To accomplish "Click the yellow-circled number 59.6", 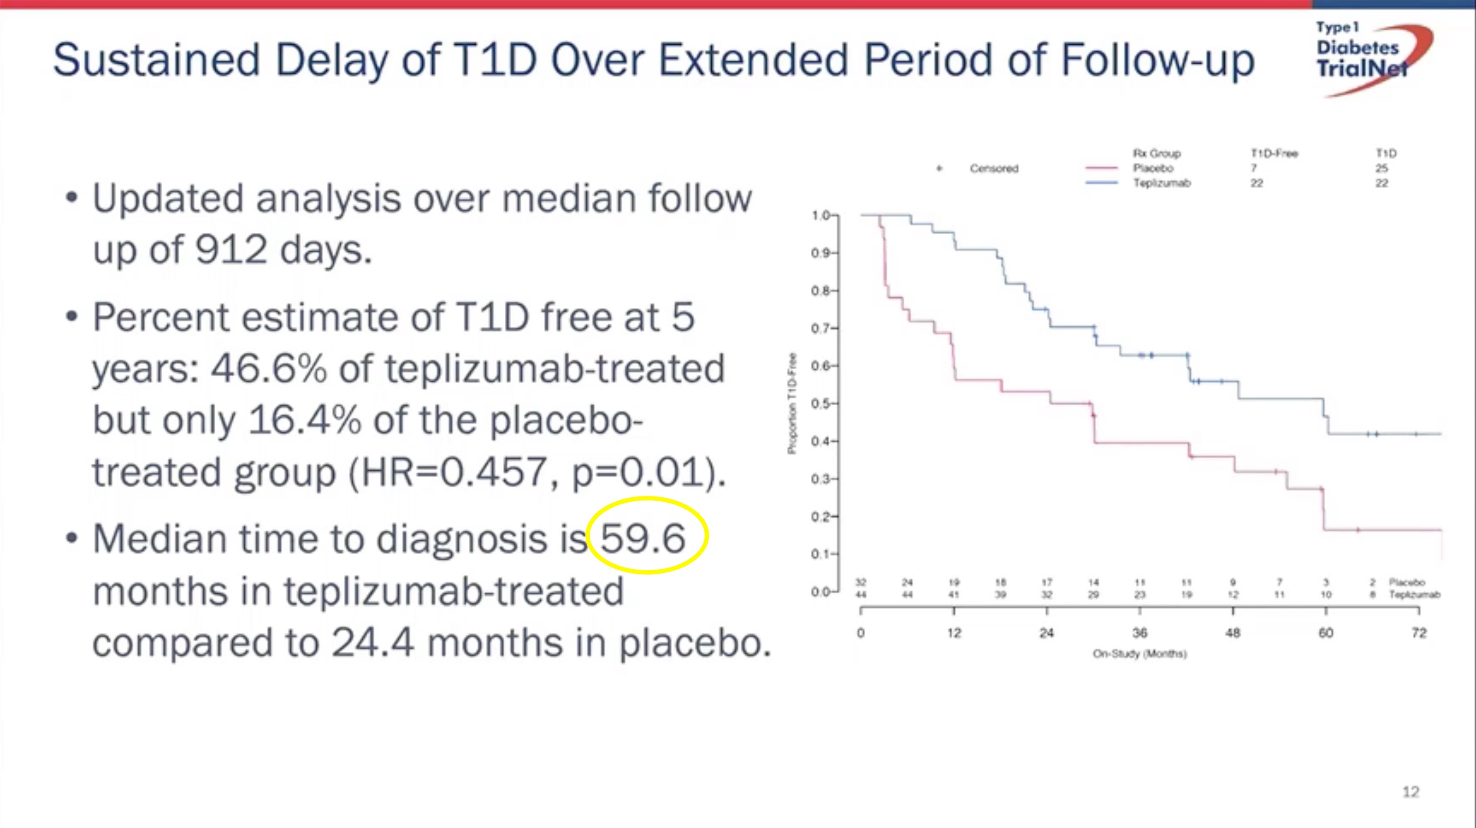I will [643, 538].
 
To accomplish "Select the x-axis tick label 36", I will [1140, 632].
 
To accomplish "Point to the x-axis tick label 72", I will [1419, 632].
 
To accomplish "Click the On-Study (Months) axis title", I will [1140, 653].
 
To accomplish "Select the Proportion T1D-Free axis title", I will [792, 403].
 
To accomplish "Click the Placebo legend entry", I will [1153, 168].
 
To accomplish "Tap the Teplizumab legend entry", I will [1162, 183].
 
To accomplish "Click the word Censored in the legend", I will [994, 168].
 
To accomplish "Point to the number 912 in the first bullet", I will [231, 250].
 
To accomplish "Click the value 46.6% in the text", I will [269, 368].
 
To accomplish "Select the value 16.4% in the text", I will [305, 420].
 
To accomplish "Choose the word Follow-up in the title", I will [1157, 59].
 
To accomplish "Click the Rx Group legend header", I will [1156, 153].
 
